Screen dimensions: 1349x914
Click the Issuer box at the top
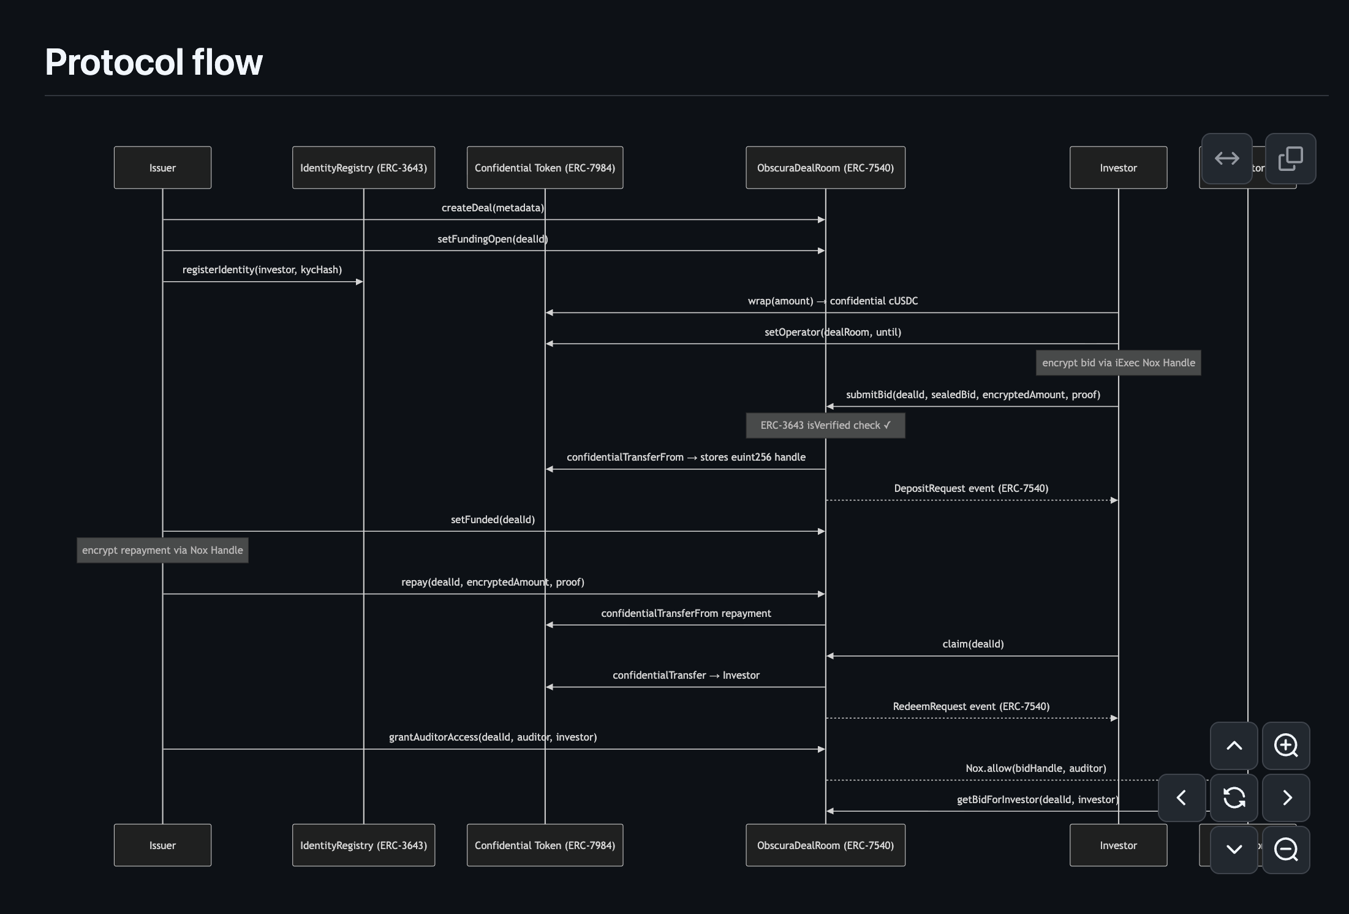(162, 167)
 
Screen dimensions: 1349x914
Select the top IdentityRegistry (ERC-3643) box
(363, 167)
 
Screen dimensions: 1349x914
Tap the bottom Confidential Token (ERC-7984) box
(545, 845)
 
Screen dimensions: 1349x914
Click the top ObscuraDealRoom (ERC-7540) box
(825, 167)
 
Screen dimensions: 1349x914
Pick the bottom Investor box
(1118, 845)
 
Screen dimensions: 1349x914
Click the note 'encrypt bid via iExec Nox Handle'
(1118, 363)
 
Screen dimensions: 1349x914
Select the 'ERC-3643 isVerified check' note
(825, 425)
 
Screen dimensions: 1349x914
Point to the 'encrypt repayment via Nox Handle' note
(162, 550)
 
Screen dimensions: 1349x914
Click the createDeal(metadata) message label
(493, 208)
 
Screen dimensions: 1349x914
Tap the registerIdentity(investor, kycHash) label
(262, 270)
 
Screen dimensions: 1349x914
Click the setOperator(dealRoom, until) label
(833, 332)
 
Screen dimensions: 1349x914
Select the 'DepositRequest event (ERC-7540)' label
(971, 488)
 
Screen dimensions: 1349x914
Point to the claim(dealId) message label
(973, 644)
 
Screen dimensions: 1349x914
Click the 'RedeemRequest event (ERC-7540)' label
(971, 706)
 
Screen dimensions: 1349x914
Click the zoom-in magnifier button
(1286, 746)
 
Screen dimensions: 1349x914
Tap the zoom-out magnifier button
(1286, 850)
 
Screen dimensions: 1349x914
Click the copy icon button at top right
(1290, 159)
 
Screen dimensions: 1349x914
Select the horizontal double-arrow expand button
(1226, 159)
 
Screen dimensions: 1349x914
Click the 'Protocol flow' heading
(154, 62)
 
